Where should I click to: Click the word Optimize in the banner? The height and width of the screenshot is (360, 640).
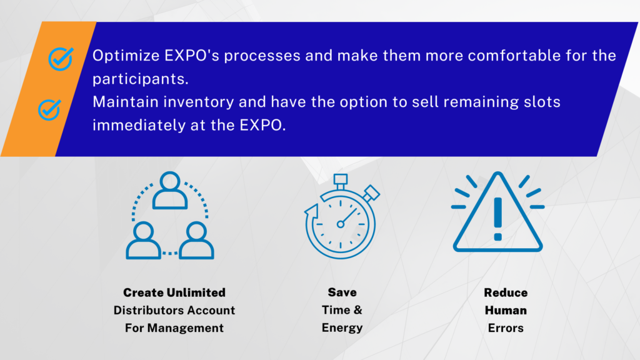point(126,56)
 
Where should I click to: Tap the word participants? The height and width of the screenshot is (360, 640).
point(141,79)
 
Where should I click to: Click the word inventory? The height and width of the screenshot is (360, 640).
point(199,102)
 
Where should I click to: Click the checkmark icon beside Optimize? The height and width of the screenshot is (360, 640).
point(61,59)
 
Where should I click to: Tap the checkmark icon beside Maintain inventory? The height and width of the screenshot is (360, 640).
point(49,109)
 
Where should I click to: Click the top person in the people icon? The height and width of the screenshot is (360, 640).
point(170,190)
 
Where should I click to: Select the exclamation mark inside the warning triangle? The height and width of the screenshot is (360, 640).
point(497,219)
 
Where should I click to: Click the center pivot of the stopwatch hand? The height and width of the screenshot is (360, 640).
point(341,224)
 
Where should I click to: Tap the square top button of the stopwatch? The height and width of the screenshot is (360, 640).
point(341,179)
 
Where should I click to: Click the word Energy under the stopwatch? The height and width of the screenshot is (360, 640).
point(342,328)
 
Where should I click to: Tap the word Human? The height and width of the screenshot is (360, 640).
point(506,310)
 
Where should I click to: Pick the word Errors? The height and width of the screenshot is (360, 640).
point(506,328)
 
